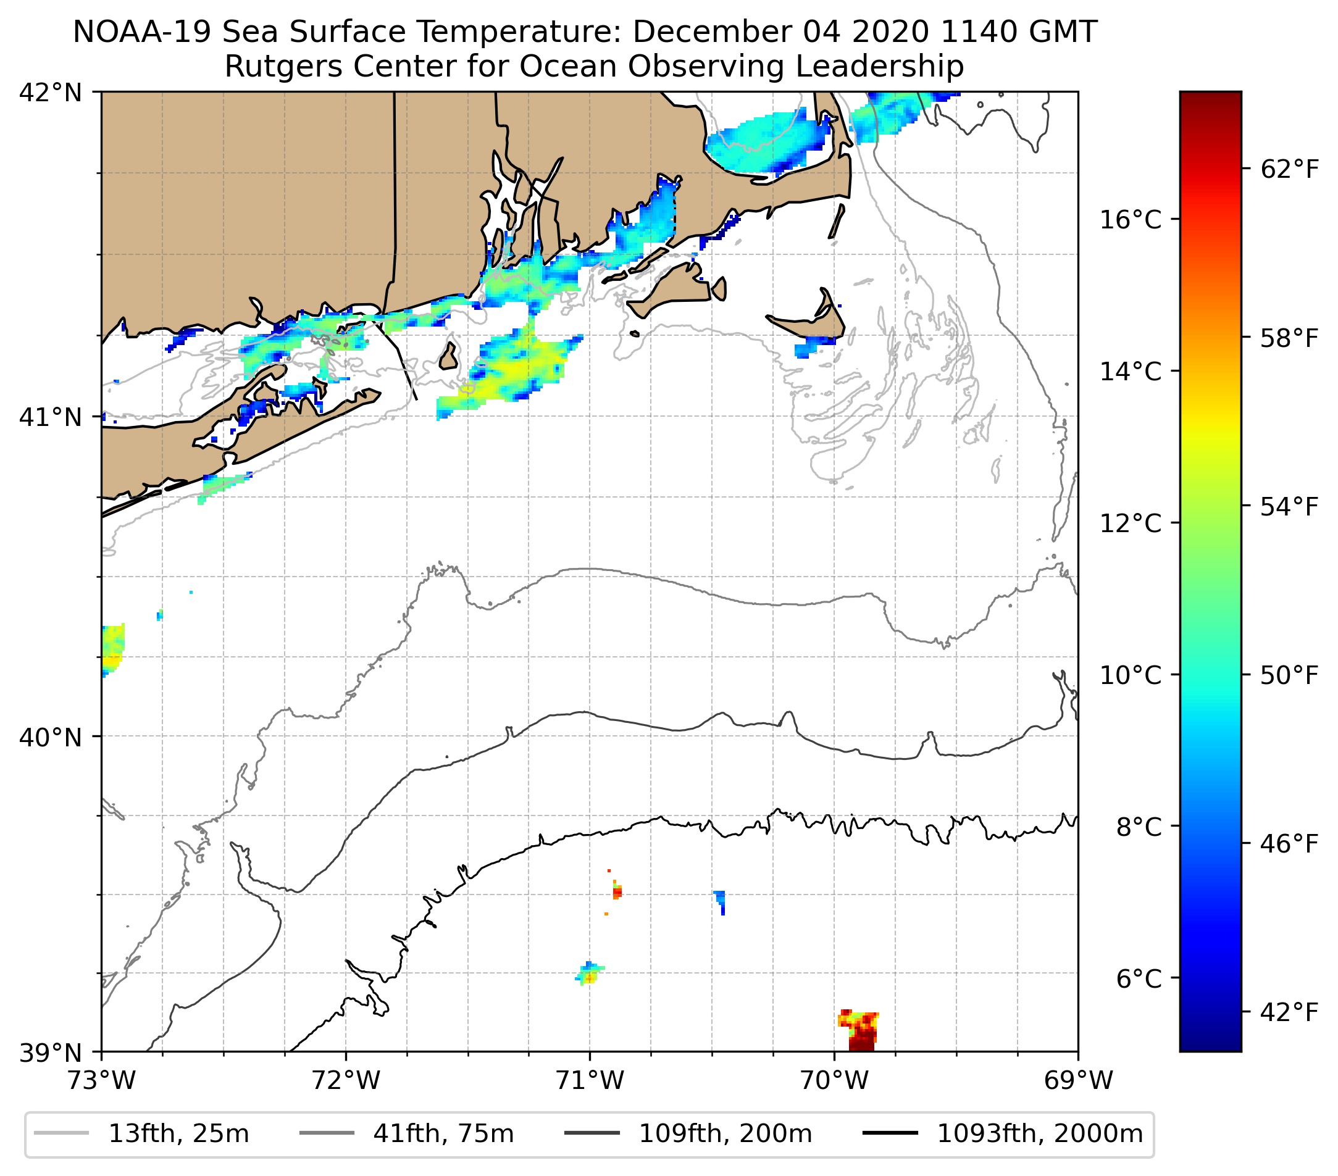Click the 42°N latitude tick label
51,93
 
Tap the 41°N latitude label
51,417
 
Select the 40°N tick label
51,738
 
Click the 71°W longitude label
590,1080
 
